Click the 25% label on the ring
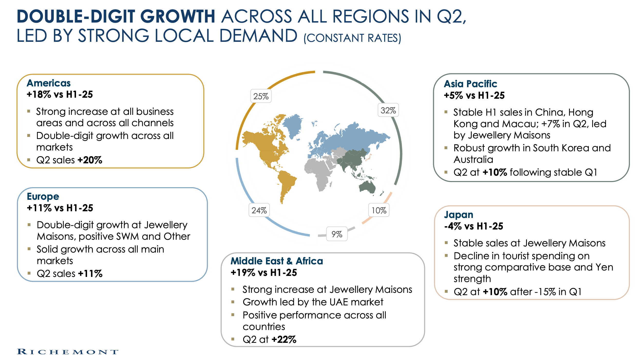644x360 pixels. [261, 96]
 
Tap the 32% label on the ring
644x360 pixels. [388, 110]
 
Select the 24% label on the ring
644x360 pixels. [259, 210]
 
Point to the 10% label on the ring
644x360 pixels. [379, 210]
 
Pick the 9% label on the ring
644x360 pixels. [337, 234]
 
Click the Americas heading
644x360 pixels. [49, 83]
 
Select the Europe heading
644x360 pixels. [43, 197]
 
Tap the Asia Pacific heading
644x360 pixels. [470, 84]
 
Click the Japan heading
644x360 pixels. [459, 215]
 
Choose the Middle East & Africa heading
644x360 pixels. [277, 261]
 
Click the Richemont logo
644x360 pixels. [68, 352]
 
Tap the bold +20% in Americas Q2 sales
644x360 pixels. [90, 160]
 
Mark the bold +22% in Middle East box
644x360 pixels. [284, 339]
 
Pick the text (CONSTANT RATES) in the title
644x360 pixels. [352, 38]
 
